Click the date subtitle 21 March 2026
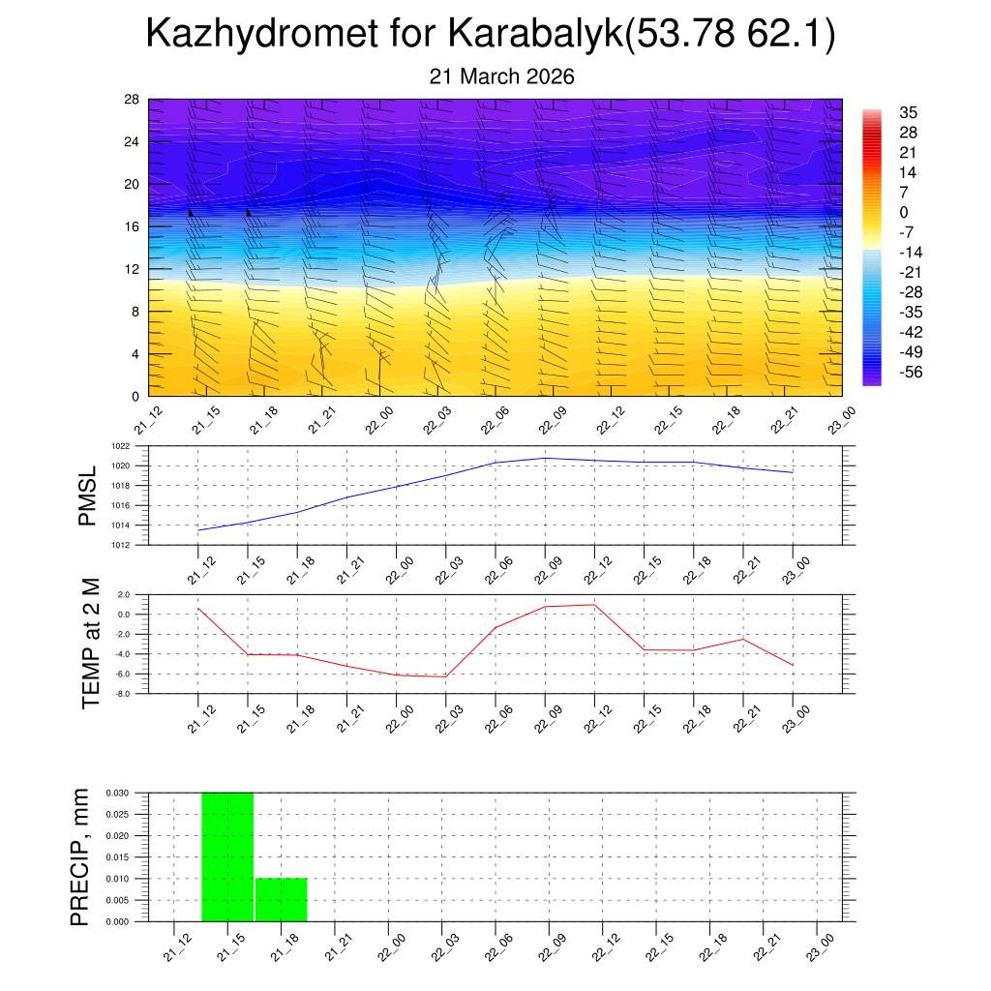click(x=501, y=76)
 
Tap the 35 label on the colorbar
click(x=908, y=112)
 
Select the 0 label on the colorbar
click(x=904, y=213)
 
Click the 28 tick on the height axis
click(x=132, y=99)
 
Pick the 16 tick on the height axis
click(x=132, y=226)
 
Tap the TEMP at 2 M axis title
click(x=91, y=644)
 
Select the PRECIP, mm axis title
click(x=80, y=856)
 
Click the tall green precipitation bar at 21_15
click(x=227, y=856)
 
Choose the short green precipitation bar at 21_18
click(x=282, y=900)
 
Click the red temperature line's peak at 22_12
click(x=593, y=604)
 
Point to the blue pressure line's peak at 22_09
click(x=545, y=458)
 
